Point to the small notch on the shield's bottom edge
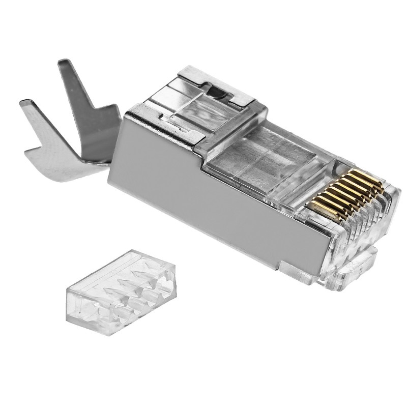281,266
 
